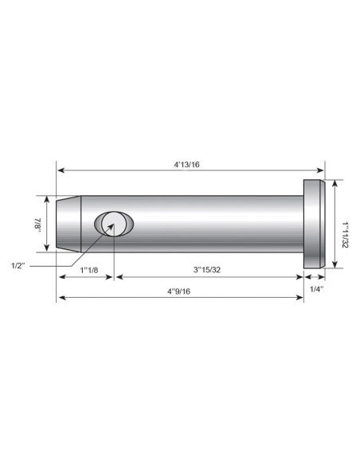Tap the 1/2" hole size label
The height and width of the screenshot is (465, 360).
coord(22,264)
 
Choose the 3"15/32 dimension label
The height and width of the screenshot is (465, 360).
coord(210,271)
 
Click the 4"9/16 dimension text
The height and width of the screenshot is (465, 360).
coord(179,291)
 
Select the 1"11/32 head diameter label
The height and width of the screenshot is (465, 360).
coord(345,225)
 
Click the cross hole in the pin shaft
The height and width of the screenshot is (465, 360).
coord(113,225)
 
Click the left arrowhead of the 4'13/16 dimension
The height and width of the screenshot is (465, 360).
coord(60,170)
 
